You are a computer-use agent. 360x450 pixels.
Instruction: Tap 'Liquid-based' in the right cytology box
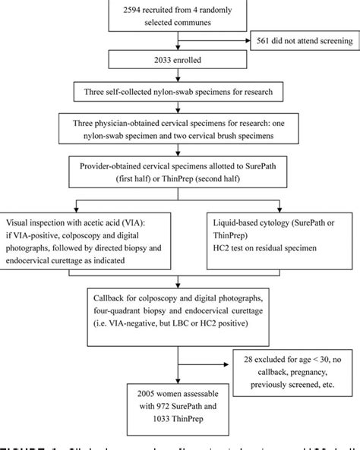tap(243, 225)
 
